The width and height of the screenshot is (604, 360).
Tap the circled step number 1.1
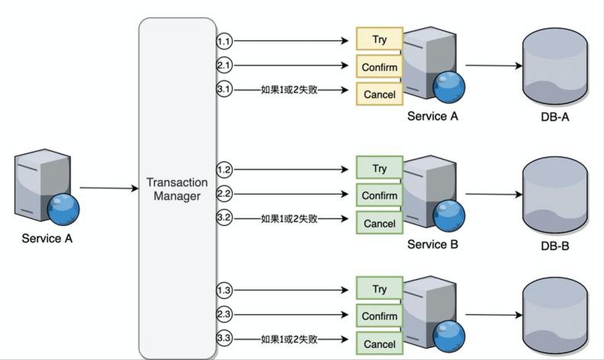(x=224, y=41)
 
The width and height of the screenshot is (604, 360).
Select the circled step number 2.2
(x=224, y=194)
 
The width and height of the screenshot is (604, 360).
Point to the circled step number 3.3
(x=224, y=339)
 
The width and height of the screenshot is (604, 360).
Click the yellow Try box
(x=379, y=39)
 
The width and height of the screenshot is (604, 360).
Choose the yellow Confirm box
(x=379, y=67)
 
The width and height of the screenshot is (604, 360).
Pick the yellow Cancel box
(x=379, y=94)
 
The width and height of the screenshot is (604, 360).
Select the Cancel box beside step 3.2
(x=379, y=223)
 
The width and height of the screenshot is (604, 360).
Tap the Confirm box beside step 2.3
(x=379, y=316)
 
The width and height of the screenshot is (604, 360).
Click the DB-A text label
(x=555, y=117)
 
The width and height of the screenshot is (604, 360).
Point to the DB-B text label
(x=555, y=247)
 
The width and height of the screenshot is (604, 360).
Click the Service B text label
(x=432, y=244)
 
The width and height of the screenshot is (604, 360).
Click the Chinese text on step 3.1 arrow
(x=289, y=90)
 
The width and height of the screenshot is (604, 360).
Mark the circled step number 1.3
(x=224, y=290)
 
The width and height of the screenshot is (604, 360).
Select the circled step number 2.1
(x=224, y=66)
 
